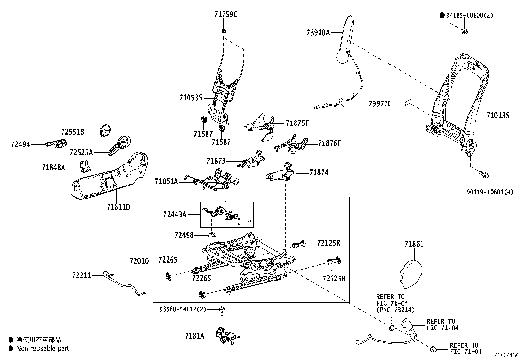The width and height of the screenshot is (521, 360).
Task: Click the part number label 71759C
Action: click(225, 15)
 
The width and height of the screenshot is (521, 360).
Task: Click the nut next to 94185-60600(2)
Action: click(465, 31)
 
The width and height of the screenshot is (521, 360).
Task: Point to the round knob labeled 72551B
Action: click(105, 131)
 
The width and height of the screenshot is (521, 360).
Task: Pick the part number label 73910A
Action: click(318, 33)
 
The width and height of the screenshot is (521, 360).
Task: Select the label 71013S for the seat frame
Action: click(498, 116)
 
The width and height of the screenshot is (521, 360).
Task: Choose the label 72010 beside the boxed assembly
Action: click(139, 261)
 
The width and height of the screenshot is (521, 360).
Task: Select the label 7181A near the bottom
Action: click(194, 336)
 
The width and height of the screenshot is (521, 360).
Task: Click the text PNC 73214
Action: click(395, 310)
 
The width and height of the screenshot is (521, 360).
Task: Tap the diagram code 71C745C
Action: click(507, 355)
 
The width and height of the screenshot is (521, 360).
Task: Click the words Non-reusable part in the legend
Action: click(43, 349)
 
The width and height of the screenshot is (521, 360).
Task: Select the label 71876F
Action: click(330, 143)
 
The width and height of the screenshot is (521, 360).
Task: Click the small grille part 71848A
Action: click(85, 166)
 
